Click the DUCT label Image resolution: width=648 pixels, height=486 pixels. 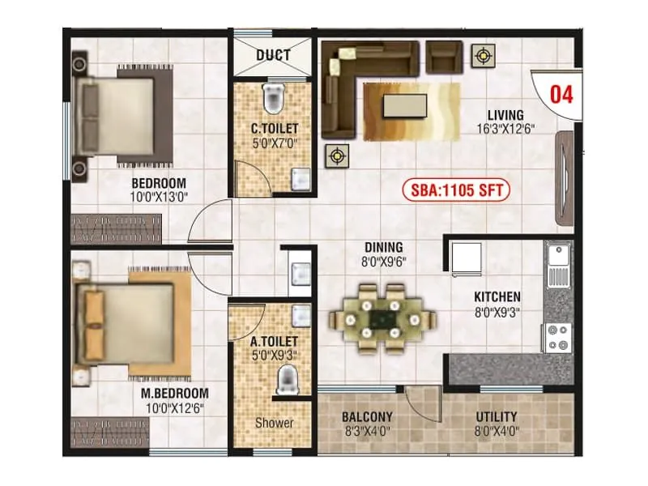tap(275, 56)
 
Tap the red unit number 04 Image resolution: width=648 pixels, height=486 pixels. tap(561, 94)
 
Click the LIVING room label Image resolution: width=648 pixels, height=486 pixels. tap(505, 115)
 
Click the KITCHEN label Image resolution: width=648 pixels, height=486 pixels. tap(497, 297)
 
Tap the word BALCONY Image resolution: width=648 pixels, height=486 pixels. tap(367, 417)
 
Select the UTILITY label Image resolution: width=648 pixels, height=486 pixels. tap(497, 417)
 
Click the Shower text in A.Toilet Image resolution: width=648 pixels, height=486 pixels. tap(275, 423)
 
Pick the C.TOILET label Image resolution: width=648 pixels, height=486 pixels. tap(274, 128)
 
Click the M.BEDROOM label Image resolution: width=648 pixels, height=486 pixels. tap(171, 395)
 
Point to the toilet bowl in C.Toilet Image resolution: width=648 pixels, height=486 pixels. tap(274, 98)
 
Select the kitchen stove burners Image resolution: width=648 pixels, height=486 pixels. tap(557, 337)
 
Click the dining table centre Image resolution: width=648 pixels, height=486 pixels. tap(378, 318)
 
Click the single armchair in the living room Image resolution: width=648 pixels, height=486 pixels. tap(442, 56)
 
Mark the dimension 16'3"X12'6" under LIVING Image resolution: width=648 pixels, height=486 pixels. tap(505, 129)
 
